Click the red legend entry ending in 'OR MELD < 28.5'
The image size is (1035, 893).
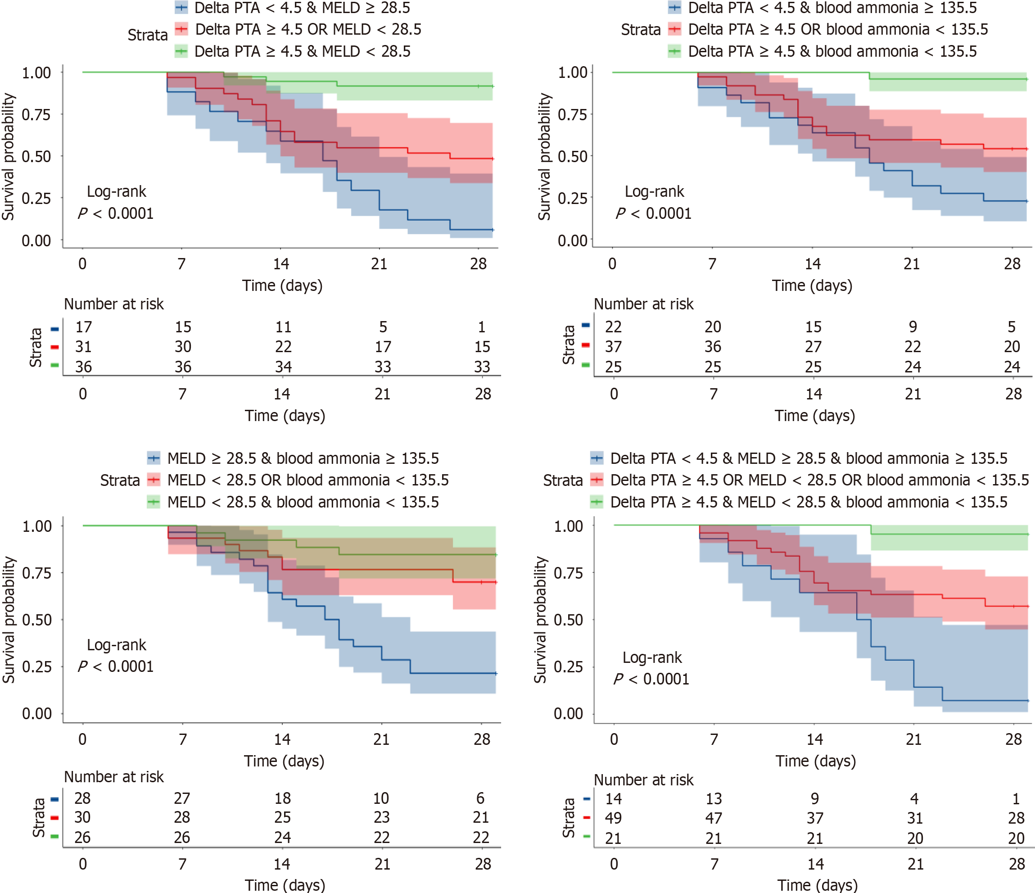pos(307,29)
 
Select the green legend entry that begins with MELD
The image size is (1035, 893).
pos(303,502)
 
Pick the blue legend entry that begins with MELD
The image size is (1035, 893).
pos(303,458)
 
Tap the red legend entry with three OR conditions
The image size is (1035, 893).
pos(819,480)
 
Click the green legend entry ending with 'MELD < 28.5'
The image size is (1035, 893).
pos(302,51)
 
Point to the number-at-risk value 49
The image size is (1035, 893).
pos(614,818)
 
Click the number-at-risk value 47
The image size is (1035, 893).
pos(714,818)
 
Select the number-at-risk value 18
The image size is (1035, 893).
pos(283,798)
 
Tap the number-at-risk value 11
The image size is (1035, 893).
pos(283,327)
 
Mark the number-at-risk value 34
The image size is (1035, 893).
pos(283,367)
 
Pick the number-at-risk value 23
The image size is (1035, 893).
pos(382,817)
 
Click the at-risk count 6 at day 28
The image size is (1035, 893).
pos(480,798)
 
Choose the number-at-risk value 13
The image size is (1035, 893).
pos(714,799)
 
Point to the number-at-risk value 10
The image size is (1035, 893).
pos(382,798)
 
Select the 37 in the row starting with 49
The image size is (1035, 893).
pos(815,818)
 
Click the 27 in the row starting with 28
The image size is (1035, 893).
pos(182,798)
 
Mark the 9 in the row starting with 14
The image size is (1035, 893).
pos(815,799)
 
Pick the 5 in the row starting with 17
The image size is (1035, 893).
pos(383,327)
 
